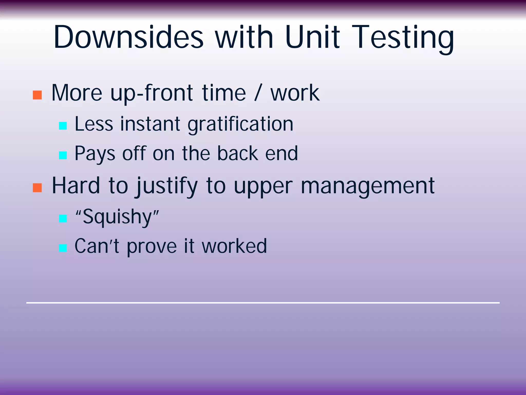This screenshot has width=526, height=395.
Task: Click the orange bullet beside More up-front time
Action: [37, 95]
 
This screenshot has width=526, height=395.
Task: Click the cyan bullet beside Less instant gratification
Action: [63, 126]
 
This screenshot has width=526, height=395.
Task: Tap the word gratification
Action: [240, 124]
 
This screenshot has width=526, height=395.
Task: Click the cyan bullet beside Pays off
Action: [63, 155]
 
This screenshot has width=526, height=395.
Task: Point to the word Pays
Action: [95, 154]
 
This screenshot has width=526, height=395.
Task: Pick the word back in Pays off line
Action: [238, 154]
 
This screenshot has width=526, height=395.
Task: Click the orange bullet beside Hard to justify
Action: [37, 188]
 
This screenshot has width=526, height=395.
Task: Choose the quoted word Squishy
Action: [117, 217]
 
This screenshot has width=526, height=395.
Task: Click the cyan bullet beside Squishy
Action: [63, 218]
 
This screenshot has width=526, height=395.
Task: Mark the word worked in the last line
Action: [234, 246]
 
